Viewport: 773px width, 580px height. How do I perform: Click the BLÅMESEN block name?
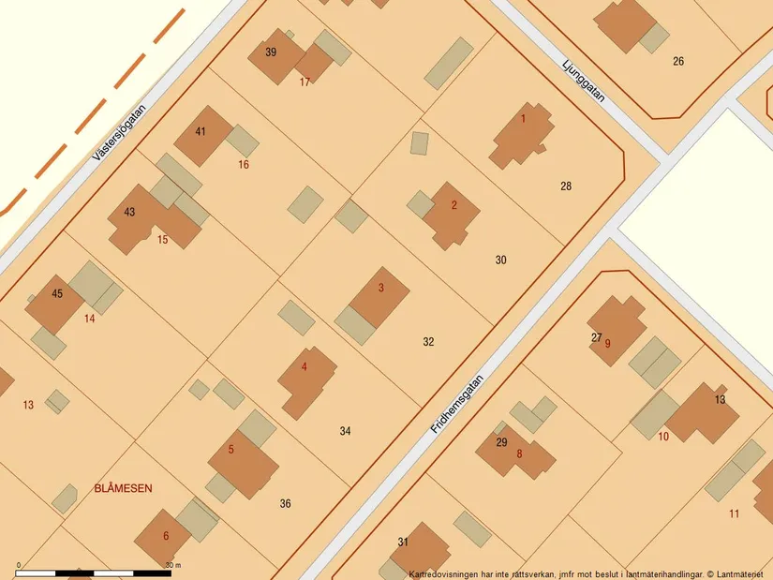(x=123, y=488)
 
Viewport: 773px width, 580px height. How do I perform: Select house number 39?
(x=271, y=52)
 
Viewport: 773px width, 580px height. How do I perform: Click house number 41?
(x=201, y=131)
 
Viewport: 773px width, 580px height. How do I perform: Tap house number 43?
(x=129, y=212)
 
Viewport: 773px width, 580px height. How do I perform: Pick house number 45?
(x=57, y=293)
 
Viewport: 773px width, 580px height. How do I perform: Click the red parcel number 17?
(x=305, y=82)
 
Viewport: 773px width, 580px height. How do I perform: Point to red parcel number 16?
(x=244, y=165)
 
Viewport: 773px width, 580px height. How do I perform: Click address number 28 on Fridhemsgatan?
(x=566, y=186)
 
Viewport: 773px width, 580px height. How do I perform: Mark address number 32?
(x=428, y=342)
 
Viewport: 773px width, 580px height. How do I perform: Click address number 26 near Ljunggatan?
(x=678, y=62)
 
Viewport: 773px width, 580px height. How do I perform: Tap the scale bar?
(x=94, y=571)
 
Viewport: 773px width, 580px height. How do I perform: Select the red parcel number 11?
(x=734, y=513)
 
